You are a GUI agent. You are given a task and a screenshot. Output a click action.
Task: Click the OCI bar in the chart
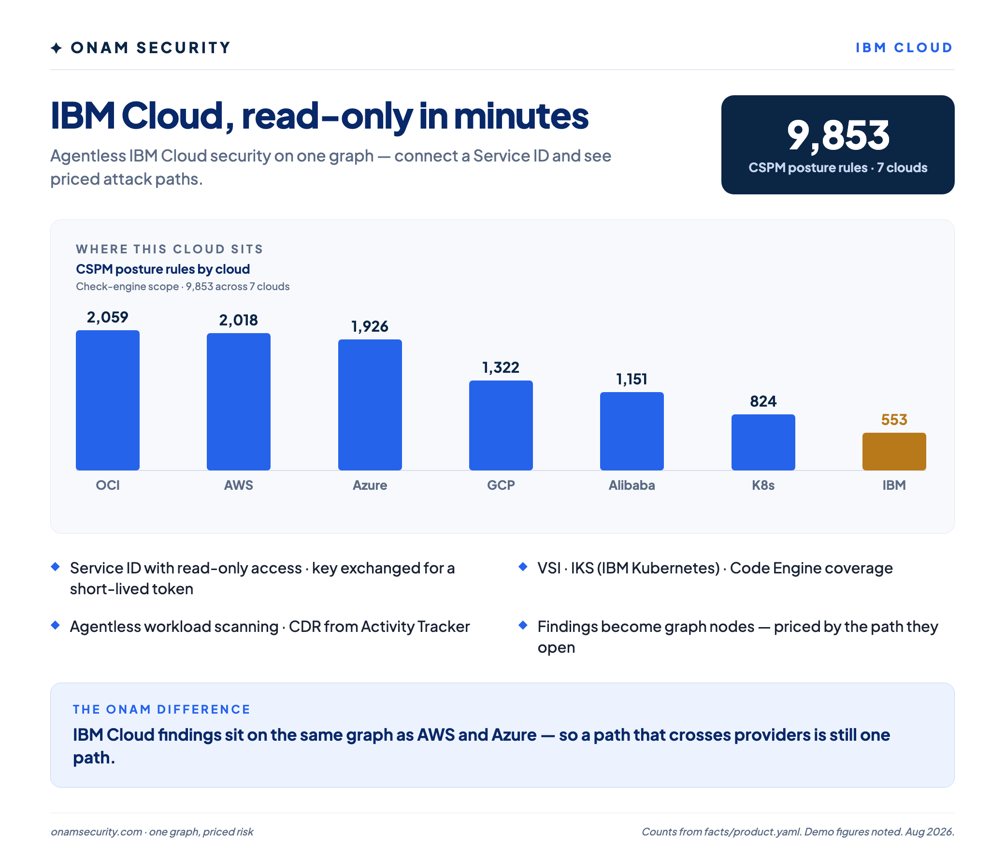tap(108, 400)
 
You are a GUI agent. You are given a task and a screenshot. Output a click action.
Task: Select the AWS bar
tap(239, 402)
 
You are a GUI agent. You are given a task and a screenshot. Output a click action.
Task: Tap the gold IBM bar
tap(894, 452)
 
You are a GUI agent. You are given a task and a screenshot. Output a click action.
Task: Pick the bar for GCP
tap(501, 425)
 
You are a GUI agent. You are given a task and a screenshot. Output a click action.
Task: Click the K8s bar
tap(763, 442)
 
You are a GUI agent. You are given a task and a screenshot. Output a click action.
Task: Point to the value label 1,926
tap(370, 327)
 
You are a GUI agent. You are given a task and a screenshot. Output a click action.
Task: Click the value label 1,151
tap(632, 379)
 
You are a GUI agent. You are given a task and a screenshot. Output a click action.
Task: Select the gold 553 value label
tap(894, 420)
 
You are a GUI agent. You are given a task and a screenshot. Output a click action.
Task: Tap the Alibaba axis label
tap(632, 485)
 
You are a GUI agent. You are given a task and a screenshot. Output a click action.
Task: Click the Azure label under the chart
tap(370, 485)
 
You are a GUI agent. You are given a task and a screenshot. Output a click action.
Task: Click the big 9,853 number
tap(838, 135)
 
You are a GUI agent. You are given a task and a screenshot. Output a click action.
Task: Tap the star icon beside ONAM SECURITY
tap(56, 48)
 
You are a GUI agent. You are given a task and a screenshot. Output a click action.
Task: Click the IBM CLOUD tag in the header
tap(904, 47)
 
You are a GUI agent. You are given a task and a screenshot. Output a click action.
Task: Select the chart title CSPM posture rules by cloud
tap(163, 269)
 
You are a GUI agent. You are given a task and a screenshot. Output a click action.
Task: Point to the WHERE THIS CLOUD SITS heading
tap(169, 249)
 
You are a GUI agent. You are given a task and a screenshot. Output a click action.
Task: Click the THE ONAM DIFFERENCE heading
tap(161, 709)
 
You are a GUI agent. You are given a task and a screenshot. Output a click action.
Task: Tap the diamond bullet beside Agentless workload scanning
tap(55, 625)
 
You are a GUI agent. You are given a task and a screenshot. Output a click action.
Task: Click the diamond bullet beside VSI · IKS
tap(523, 567)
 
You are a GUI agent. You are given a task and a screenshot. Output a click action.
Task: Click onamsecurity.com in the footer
tap(97, 832)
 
